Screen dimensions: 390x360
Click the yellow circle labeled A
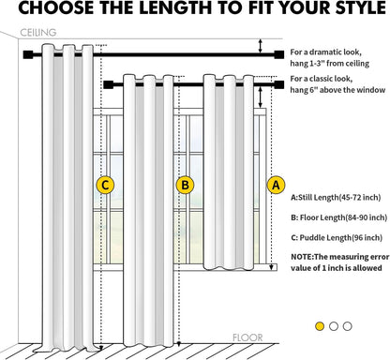(x=276, y=185)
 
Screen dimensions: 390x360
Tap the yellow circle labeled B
(x=185, y=185)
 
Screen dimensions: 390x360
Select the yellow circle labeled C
(x=105, y=185)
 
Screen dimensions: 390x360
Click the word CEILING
(x=38, y=33)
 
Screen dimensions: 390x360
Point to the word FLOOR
(x=247, y=337)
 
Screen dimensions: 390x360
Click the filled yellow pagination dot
(x=320, y=326)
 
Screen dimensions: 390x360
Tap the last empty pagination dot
(x=348, y=326)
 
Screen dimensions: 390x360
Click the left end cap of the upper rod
(x=28, y=54)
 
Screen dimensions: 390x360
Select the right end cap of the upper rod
(x=279, y=54)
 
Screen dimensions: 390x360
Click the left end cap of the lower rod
(x=108, y=84)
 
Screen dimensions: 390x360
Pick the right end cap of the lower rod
(x=279, y=84)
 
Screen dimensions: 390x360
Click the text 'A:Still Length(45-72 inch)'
(x=336, y=198)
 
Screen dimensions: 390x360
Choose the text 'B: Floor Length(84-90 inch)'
(x=339, y=217)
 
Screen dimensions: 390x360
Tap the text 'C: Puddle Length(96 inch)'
(x=337, y=238)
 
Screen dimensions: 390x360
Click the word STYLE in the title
(x=361, y=7)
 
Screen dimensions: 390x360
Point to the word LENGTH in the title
(x=174, y=7)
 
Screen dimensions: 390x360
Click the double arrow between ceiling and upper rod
(x=260, y=46)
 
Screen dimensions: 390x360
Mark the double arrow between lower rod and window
(x=260, y=97)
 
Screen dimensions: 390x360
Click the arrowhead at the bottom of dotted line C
(x=100, y=348)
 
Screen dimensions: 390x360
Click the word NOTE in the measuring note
(x=301, y=257)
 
